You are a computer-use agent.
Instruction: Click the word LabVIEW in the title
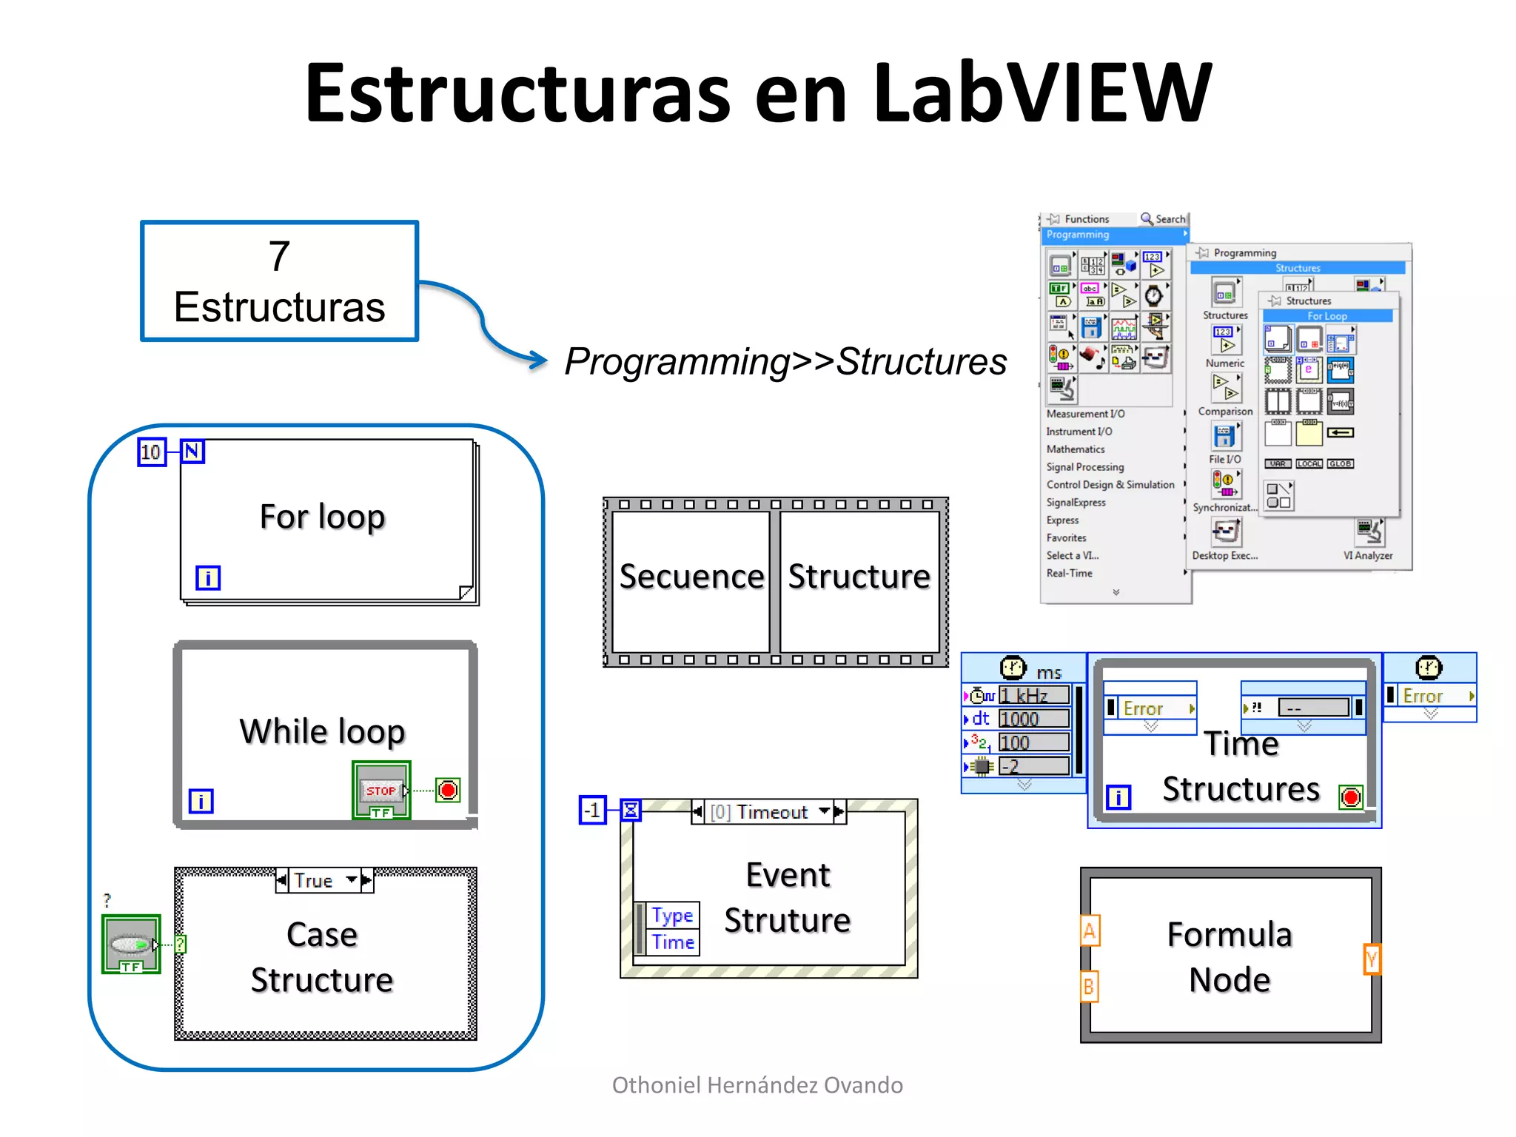[1042, 93]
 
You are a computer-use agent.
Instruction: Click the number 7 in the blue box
[279, 256]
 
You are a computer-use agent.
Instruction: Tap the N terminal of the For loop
[192, 452]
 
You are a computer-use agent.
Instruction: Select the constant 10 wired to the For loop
[151, 452]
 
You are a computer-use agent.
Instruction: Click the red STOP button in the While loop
[381, 790]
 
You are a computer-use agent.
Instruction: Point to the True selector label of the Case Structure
[315, 880]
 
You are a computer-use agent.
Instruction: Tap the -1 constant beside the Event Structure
[592, 811]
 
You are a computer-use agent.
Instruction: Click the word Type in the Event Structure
[672, 916]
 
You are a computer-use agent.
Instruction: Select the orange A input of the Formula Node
[1089, 930]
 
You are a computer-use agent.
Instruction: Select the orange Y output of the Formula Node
[1372, 959]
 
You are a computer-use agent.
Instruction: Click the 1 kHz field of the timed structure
[1033, 695]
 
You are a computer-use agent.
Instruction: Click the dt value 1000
[1033, 719]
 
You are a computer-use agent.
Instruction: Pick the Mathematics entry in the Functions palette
[1075, 449]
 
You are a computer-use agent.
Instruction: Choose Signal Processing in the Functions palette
[1084, 467]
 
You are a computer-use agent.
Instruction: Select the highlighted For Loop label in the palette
[1326, 316]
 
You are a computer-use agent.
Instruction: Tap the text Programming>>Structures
[785, 362]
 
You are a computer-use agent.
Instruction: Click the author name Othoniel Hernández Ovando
[757, 1085]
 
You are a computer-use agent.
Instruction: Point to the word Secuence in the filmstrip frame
[691, 577]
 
